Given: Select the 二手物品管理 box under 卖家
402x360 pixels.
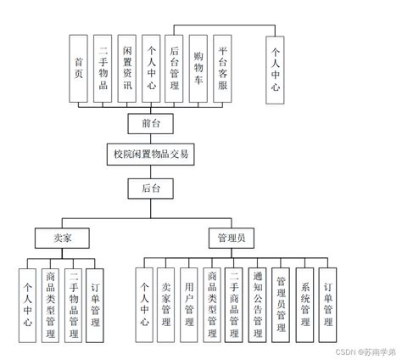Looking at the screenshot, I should coord(75,304).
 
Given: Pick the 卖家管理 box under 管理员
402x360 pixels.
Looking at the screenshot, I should coord(166,304).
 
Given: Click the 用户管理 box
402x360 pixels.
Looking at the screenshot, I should coord(189,304).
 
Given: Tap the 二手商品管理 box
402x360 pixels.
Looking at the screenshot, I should coord(235,304).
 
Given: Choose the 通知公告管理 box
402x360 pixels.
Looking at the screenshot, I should coord(259,304).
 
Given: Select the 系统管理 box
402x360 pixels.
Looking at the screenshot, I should coord(304,304).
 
